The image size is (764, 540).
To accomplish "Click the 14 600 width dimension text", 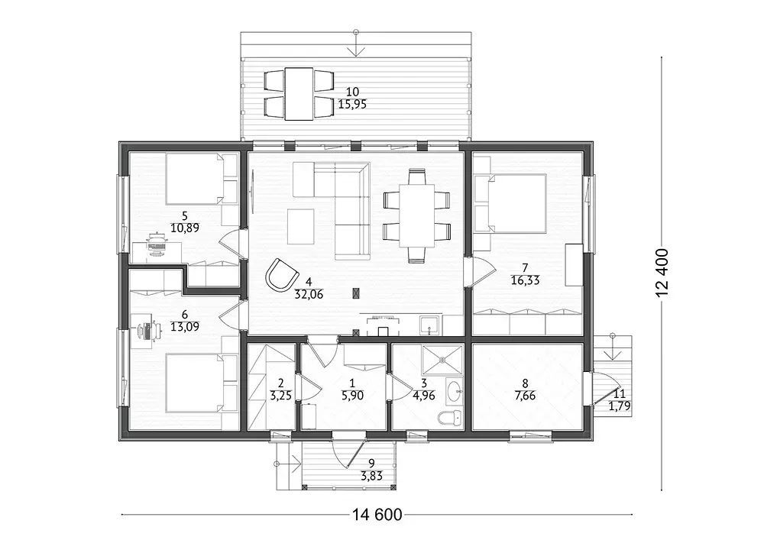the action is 377,514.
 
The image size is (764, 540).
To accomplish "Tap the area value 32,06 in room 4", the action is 309,295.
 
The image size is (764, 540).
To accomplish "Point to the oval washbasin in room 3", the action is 455,391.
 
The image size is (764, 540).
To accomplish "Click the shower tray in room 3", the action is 442,360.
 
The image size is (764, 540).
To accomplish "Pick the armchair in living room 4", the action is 282,275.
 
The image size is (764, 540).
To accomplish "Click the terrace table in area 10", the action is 299,93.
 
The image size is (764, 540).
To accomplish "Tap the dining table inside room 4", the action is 416,215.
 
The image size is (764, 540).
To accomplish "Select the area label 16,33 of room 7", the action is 526,280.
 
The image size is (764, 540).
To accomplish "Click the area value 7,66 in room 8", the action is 525,396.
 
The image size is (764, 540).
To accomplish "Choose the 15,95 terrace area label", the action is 352,104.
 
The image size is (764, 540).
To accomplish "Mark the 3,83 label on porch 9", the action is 372,477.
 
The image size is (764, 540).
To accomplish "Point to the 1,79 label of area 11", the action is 620,406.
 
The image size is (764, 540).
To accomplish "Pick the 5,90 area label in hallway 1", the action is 352,396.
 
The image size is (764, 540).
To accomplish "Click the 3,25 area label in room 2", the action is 280,396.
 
